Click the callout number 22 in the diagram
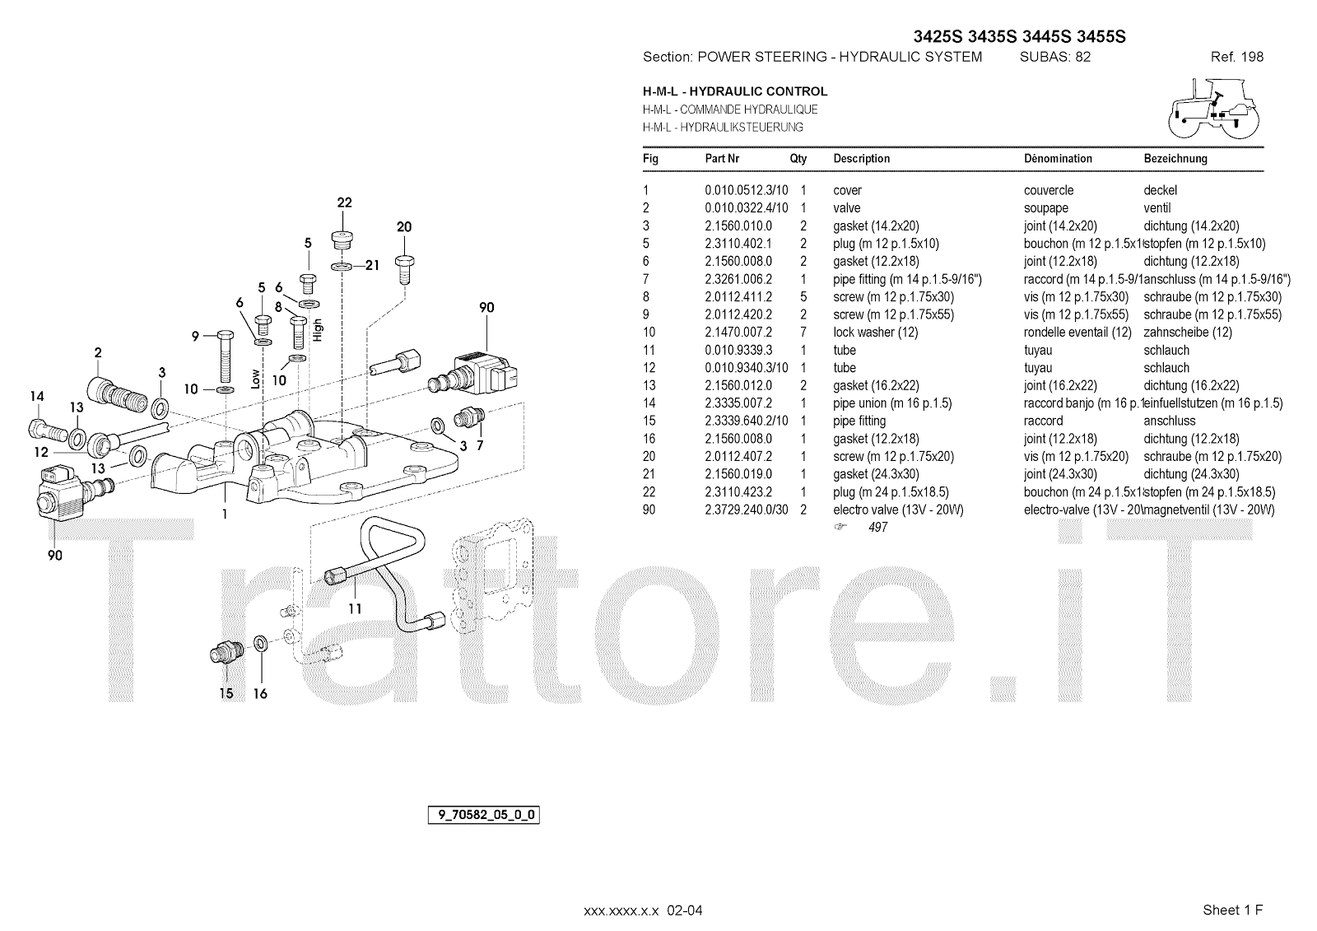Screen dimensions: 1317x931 click(x=344, y=202)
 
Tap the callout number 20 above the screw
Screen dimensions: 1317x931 click(x=404, y=227)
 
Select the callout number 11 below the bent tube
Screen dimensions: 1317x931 click(x=355, y=609)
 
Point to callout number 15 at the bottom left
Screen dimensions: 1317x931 click(x=226, y=693)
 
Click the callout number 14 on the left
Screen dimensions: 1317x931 click(x=36, y=397)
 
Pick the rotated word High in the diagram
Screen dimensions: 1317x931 click(x=318, y=330)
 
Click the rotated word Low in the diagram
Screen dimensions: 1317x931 click(x=255, y=378)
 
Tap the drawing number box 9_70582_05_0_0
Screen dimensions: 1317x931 click(x=484, y=816)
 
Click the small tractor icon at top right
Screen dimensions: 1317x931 click(x=1214, y=106)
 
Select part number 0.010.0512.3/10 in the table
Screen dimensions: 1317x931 click(x=746, y=190)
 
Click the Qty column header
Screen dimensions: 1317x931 click(x=798, y=159)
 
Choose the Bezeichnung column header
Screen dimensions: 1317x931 click(x=1175, y=159)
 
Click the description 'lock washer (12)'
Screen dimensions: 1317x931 click(x=875, y=333)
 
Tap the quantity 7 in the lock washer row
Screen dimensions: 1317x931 click(x=803, y=333)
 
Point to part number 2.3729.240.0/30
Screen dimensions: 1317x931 click(x=746, y=510)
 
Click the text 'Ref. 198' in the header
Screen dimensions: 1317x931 click(x=1236, y=57)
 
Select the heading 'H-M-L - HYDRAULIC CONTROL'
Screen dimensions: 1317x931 click(x=735, y=91)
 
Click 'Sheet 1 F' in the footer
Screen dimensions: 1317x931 click(x=1232, y=910)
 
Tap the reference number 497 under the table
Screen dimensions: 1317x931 click(x=877, y=528)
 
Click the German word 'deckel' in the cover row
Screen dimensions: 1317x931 click(x=1161, y=190)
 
